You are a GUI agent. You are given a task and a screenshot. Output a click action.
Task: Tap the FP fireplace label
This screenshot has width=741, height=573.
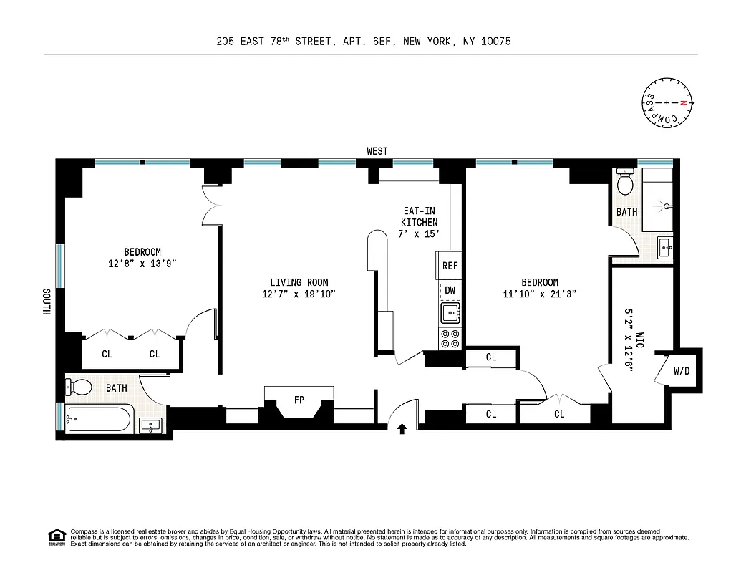(299, 400)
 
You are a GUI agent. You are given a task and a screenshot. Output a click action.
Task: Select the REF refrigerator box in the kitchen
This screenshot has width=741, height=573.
(450, 266)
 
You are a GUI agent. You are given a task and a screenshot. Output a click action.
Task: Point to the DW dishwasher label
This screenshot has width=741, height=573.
(450, 290)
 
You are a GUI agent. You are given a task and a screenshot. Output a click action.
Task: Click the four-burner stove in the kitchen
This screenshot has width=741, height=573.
(450, 338)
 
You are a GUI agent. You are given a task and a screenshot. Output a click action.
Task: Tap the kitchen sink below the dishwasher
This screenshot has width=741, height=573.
(450, 313)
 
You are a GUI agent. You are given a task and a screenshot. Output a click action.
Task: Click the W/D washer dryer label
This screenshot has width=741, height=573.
(682, 372)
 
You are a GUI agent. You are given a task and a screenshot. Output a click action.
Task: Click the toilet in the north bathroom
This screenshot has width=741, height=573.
(625, 183)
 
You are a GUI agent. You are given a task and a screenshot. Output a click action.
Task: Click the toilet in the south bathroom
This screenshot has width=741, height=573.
(80, 387)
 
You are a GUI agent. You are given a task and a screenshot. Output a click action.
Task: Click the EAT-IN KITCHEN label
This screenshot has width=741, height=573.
(419, 222)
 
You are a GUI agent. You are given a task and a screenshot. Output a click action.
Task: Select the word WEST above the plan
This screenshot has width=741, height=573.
(377, 151)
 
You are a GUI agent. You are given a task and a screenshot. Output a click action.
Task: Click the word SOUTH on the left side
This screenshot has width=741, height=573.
(46, 302)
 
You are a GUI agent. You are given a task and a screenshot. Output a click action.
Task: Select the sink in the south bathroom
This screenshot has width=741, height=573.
(151, 425)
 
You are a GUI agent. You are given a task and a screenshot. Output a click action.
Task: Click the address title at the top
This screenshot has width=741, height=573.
(364, 42)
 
